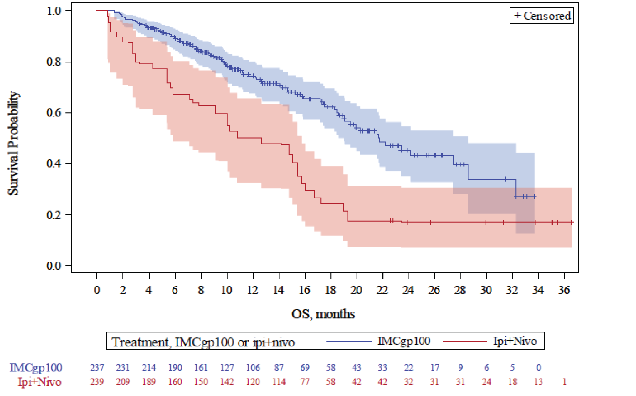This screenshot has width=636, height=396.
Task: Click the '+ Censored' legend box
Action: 542,16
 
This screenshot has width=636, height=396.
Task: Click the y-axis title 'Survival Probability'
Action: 14,143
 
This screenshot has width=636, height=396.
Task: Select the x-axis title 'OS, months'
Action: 323,314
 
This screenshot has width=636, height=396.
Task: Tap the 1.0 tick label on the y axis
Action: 54,11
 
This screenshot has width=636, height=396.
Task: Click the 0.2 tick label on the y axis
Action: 54,215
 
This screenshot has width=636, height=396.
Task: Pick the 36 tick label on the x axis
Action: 564,290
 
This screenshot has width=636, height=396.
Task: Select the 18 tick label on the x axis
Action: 330,290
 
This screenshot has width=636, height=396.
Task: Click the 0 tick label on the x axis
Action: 97,290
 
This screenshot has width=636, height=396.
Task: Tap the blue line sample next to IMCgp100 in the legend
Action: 348,342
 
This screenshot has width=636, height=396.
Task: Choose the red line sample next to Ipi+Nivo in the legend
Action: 464,342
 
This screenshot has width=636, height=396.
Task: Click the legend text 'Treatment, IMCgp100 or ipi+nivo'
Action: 203,342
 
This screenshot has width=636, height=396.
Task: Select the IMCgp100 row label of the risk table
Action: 36,368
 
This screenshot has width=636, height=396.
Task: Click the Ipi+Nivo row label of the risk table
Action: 39,382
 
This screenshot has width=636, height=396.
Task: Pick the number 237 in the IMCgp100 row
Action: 97,368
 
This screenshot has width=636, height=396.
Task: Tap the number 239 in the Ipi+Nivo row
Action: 97,382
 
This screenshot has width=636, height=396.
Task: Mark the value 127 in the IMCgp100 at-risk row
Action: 227,368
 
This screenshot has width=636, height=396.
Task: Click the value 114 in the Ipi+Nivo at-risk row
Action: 279,382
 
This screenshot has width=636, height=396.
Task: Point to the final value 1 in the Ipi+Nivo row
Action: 565,382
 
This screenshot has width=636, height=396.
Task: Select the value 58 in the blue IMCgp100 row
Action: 331,368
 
